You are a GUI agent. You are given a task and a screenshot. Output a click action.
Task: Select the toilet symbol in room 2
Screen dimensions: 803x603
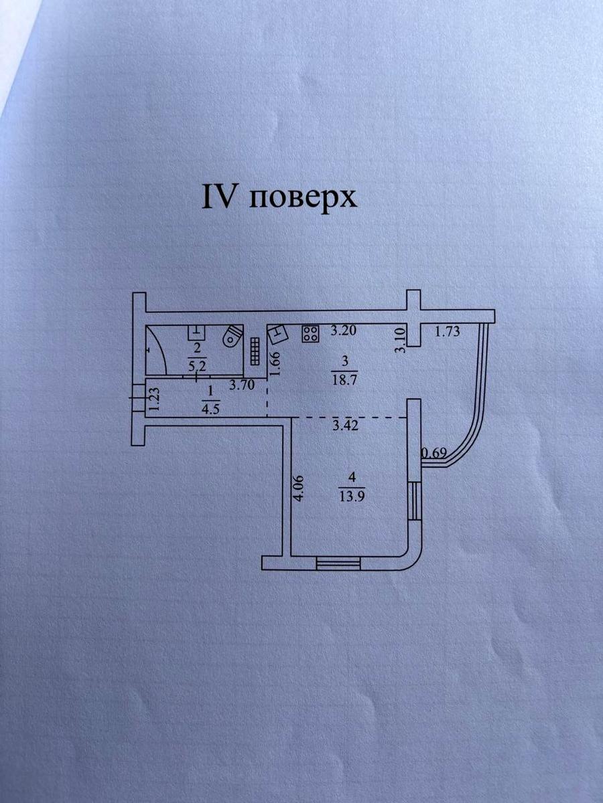[232, 336]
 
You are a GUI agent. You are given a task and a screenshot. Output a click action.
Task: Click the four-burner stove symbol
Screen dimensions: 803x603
[310, 333]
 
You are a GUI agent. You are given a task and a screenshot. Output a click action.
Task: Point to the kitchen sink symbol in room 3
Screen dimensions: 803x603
[278, 334]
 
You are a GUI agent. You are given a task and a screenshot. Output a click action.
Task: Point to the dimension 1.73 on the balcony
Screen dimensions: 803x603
[447, 331]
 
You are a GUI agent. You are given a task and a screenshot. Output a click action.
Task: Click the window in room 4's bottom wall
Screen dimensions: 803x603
[338, 563]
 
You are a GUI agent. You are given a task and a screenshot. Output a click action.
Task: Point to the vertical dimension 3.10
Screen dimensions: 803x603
[401, 341]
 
